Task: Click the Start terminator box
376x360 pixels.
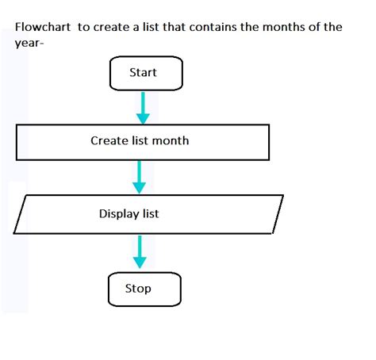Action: pos(144,74)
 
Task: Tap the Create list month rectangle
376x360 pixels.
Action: pos(140,143)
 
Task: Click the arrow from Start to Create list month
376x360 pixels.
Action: pos(143,105)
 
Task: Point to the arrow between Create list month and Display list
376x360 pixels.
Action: pos(140,176)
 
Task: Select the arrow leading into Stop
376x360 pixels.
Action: pos(140,251)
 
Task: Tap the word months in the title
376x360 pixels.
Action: pos(259,27)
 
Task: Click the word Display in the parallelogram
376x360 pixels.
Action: pos(119,214)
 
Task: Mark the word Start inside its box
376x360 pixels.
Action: pos(144,73)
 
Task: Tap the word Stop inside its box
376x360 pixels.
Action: pos(138,289)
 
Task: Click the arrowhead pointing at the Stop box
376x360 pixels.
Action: pos(140,264)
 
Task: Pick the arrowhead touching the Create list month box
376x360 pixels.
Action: pos(143,119)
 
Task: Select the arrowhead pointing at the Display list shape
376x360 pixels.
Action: pos(140,189)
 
